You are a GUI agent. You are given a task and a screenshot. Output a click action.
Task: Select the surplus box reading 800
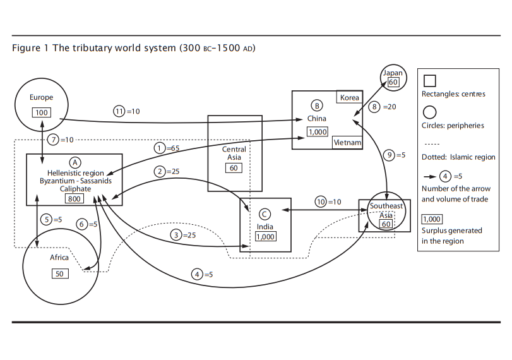(74, 198)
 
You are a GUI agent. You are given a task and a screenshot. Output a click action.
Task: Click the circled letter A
(74, 162)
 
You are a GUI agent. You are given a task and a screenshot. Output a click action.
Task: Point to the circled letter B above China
(317, 105)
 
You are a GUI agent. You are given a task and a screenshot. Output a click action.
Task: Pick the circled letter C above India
(265, 213)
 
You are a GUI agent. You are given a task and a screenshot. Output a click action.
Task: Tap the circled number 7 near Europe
(54, 139)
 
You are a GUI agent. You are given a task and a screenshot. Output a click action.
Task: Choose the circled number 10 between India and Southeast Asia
(321, 201)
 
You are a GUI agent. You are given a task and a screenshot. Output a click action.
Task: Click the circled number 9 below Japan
(390, 155)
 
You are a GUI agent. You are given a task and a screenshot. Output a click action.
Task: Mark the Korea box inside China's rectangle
(349, 98)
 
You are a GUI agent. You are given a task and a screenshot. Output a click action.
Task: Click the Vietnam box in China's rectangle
(347, 143)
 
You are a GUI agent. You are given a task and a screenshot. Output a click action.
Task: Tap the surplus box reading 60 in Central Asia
(234, 168)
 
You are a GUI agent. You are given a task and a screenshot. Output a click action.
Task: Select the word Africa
(59, 258)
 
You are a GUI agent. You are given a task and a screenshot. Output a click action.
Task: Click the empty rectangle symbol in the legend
(429, 81)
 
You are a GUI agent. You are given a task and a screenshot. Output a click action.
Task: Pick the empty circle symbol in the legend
(429, 112)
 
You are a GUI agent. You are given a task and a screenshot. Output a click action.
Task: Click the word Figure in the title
(25, 48)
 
